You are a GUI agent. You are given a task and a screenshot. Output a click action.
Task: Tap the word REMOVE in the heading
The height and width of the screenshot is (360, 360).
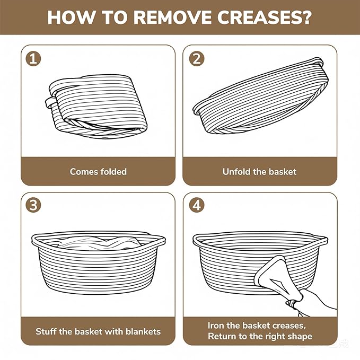tap(172, 17)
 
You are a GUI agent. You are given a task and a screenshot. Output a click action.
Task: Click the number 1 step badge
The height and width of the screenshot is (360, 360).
tap(33, 58)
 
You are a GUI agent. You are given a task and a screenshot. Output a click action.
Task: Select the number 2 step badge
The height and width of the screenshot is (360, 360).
tap(197, 58)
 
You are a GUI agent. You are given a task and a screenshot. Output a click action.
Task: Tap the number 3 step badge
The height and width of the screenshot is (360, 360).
tap(33, 205)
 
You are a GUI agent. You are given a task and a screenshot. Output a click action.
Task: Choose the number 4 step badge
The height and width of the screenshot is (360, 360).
tap(197, 205)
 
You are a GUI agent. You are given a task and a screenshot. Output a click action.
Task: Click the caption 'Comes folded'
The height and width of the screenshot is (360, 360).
tap(98, 172)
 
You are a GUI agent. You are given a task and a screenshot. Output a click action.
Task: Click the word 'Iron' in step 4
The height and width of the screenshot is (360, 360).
tap(216, 326)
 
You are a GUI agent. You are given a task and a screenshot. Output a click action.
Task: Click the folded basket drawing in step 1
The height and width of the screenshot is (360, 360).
tap(96, 106)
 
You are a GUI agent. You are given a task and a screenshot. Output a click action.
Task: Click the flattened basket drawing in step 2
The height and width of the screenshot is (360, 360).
tap(260, 95)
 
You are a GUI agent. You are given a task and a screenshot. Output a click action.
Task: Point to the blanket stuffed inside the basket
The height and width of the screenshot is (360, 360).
tap(99, 243)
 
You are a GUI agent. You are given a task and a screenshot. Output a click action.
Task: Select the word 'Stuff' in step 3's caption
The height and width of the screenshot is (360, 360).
tap(46, 331)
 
